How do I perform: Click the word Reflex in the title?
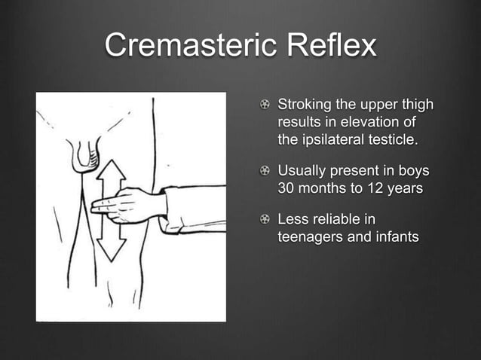(x=333, y=46)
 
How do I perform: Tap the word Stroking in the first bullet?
(x=308, y=104)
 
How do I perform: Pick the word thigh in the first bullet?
(x=417, y=104)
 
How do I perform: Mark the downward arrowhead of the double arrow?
(x=111, y=252)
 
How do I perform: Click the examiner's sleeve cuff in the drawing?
(x=172, y=210)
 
